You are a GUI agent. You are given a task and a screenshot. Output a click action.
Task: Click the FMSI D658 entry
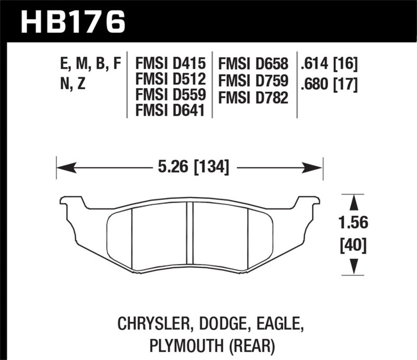point(254,65)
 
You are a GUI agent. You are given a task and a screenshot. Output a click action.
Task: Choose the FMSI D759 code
point(254,80)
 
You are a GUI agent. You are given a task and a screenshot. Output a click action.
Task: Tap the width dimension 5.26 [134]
point(189,168)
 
